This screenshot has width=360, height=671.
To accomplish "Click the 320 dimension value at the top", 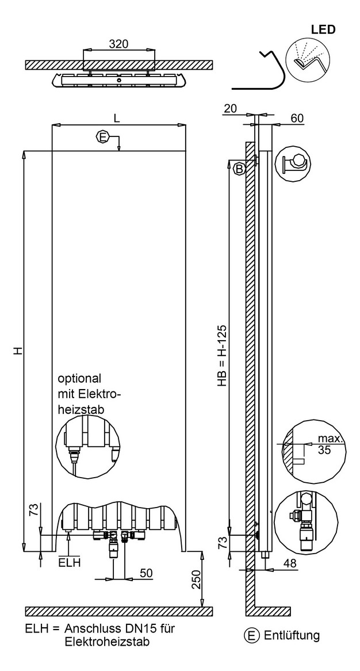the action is (x=119, y=44).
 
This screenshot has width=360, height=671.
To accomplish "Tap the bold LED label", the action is (x=323, y=29).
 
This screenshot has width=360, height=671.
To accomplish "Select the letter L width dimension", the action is (x=117, y=118).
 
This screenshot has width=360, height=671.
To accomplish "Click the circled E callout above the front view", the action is (x=102, y=138).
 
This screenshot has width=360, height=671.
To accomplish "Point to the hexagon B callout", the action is (x=239, y=169).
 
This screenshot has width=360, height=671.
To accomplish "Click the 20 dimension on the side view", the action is (x=230, y=109).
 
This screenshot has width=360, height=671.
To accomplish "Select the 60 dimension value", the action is (x=297, y=119).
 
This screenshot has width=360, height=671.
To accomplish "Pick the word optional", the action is (x=80, y=379).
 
